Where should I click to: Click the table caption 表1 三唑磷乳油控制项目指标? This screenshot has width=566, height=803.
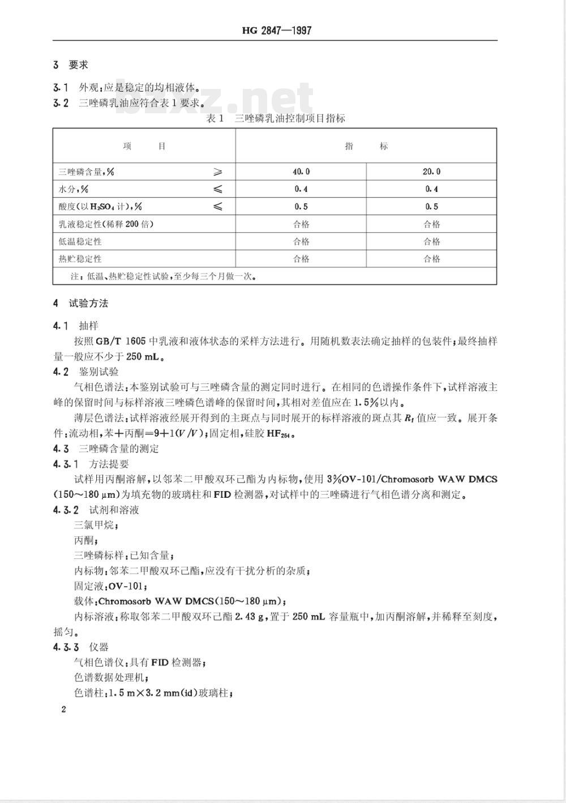pyautogui.click(x=276, y=118)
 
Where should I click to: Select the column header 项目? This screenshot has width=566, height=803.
pyautogui.click(x=144, y=146)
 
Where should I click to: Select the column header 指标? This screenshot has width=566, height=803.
pyautogui.click(x=366, y=146)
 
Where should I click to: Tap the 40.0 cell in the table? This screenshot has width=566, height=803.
pyautogui.click(x=301, y=172)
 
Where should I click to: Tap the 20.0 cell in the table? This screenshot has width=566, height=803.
pyautogui.click(x=432, y=172)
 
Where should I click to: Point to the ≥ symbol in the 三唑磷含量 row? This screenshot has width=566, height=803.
pyautogui.click(x=217, y=172)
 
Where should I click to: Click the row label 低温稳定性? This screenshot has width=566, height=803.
pyautogui.click(x=80, y=241)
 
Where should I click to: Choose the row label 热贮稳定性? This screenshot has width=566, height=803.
pyautogui.click(x=80, y=259)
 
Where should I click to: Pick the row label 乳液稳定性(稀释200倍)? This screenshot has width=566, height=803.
pyautogui.click(x=106, y=224)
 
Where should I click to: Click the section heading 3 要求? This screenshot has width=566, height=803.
pyautogui.click(x=71, y=65)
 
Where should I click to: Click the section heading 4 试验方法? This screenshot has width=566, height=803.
pyautogui.click(x=80, y=303)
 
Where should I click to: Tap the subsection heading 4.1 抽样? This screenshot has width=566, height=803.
pyautogui.click(x=75, y=326)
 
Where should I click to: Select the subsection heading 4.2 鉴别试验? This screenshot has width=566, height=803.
pyautogui.click(x=85, y=371)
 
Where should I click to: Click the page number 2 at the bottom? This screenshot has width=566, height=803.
pyautogui.click(x=63, y=710)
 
